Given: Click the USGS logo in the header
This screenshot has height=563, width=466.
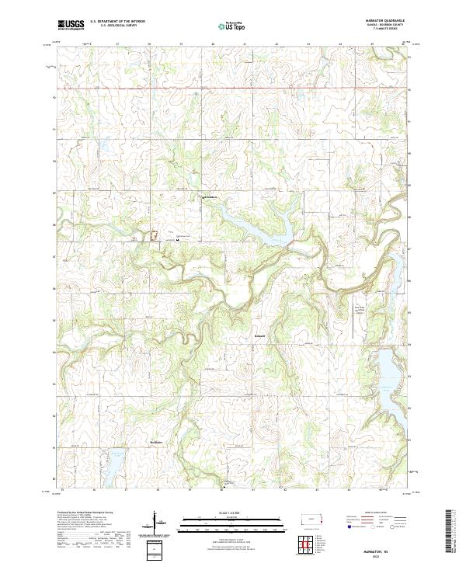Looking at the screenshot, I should pos(71,24).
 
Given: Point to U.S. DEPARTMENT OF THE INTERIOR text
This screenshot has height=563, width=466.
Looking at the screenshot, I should pos(117,22).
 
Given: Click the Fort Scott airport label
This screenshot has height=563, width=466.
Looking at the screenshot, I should pos(359,308).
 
